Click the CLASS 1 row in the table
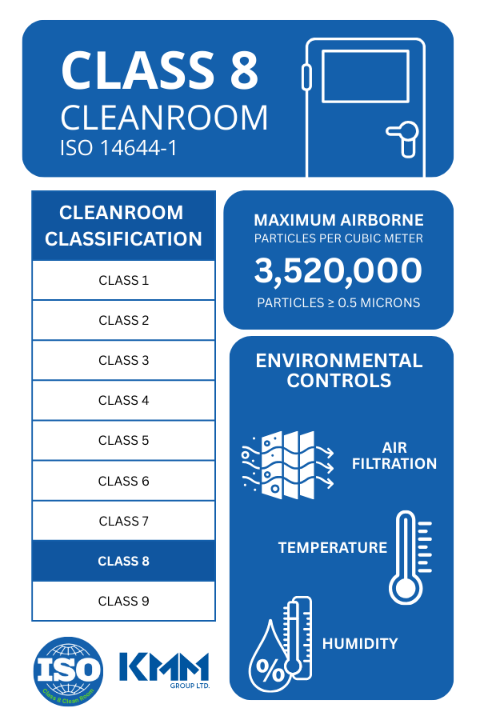point(123,281)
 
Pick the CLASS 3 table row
point(123,361)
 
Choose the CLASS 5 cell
point(123,441)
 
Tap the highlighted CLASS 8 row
point(123,561)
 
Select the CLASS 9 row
point(123,601)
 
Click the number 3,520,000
point(338,271)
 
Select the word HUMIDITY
point(360,643)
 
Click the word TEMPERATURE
point(332,548)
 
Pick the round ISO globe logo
point(68,670)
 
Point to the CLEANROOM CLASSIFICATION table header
point(123,226)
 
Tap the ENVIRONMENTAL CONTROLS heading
point(339,370)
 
